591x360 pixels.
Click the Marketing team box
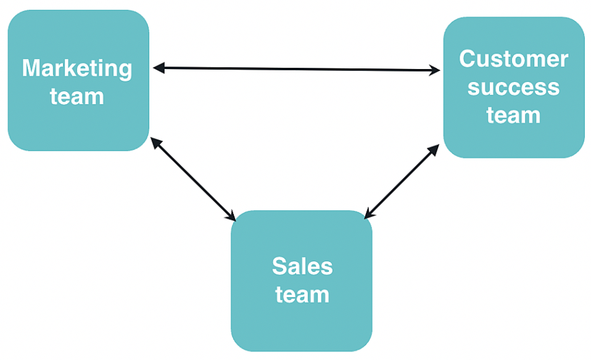click(78, 123)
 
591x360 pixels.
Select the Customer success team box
click(514, 139)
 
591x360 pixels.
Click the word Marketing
click(77, 68)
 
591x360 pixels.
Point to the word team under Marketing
click(77, 97)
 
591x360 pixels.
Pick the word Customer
click(514, 59)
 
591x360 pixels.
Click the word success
click(514, 87)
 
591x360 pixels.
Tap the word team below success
click(514, 115)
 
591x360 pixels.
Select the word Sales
click(302, 266)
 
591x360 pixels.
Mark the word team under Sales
click(302, 294)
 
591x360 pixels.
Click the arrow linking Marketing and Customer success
click(296, 69)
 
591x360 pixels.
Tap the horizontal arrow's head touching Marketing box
click(158, 68)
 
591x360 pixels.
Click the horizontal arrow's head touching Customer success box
click(436, 71)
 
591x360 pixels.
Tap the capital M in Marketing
click(31, 68)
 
